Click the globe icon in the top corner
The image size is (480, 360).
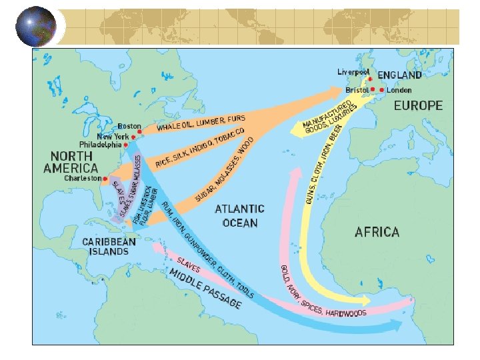click(x=36, y=26)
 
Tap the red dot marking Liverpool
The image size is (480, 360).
click(x=370, y=79)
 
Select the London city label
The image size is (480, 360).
click(x=399, y=90)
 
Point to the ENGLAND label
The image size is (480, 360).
click(x=399, y=76)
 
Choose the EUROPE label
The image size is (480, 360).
click(x=418, y=105)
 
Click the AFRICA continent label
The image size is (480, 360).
click(x=377, y=232)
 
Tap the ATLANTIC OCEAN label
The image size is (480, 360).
click(x=239, y=216)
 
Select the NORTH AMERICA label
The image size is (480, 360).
click(x=71, y=162)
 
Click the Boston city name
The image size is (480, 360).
click(x=129, y=126)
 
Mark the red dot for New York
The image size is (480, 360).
click(x=134, y=137)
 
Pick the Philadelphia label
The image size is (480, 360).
click(x=100, y=144)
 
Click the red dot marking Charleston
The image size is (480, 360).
click(x=105, y=179)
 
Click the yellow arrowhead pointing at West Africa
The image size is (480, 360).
click(x=363, y=298)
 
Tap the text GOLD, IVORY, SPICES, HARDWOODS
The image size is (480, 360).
click(x=320, y=293)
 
